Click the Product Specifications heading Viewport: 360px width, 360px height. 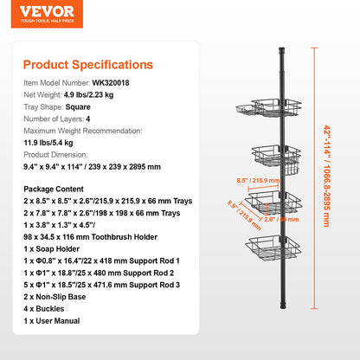click(x=87, y=64)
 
